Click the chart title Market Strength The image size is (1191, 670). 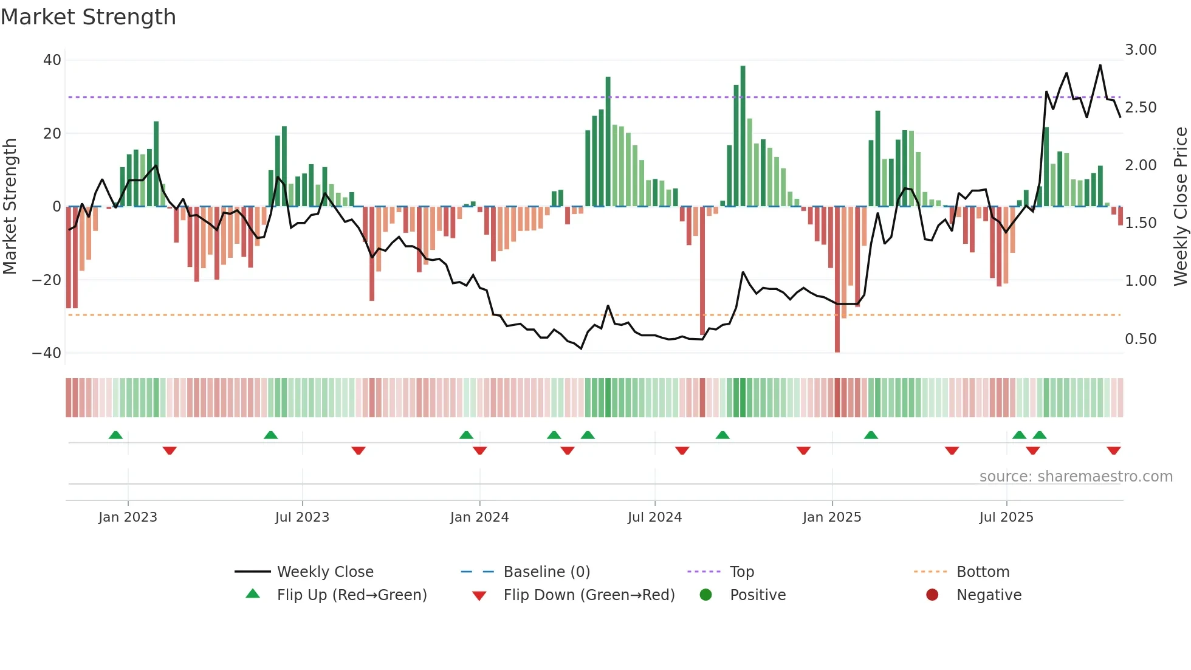(88, 17)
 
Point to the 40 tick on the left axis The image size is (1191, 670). (52, 60)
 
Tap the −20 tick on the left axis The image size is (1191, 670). (47, 280)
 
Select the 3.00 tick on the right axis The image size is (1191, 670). (1140, 50)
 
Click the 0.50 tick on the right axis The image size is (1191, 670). (1140, 339)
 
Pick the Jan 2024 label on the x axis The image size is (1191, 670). (479, 517)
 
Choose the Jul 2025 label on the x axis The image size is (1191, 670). (1006, 517)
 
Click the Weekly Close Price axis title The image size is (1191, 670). (1180, 207)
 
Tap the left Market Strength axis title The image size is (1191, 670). (10, 207)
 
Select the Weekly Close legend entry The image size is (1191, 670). (324, 572)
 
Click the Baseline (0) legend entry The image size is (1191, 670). (546, 572)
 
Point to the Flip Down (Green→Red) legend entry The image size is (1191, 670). (588, 595)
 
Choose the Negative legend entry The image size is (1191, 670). (988, 595)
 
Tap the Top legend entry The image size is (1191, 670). (741, 572)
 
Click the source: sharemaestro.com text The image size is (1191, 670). (1076, 477)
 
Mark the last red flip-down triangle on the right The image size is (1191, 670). (1113, 451)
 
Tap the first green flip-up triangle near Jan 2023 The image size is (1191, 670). (115, 435)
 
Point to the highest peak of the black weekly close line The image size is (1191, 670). (1100, 65)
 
